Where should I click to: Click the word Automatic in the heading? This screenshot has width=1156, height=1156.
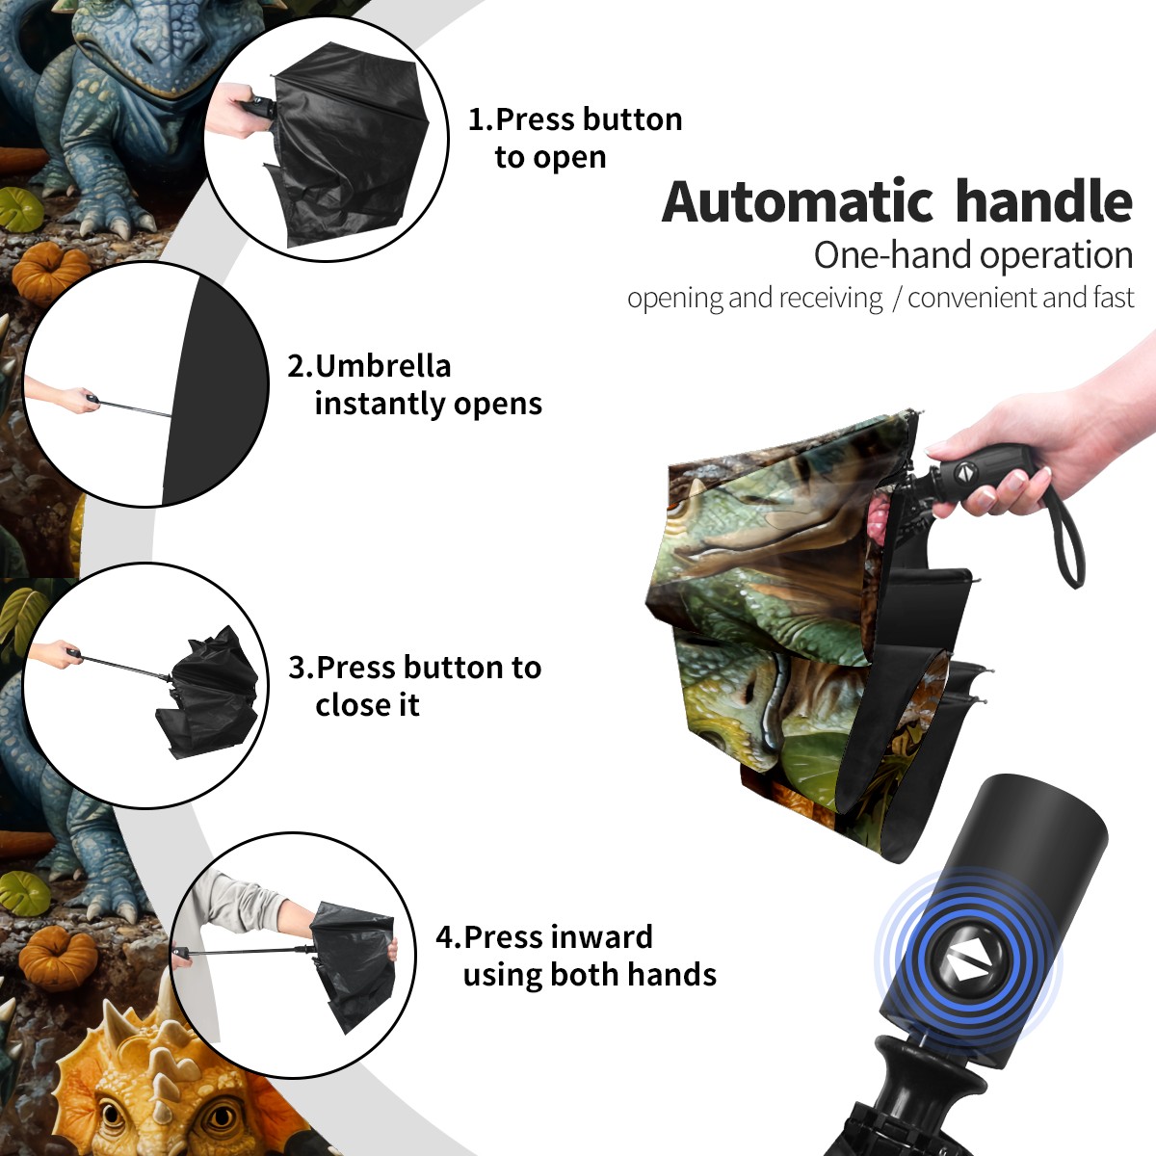798,202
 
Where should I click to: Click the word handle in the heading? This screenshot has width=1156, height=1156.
1044,201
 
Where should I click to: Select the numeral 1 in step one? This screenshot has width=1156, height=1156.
477,119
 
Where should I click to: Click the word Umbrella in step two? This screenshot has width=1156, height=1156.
382,365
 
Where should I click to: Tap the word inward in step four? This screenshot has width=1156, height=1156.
602,937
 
